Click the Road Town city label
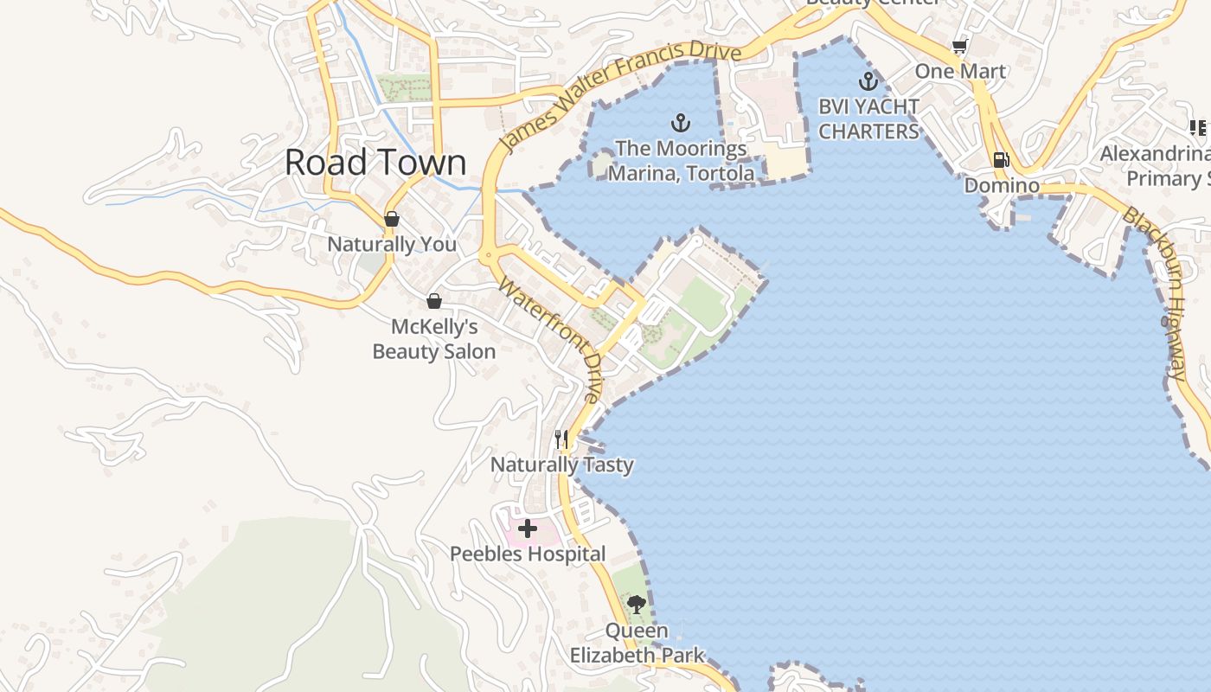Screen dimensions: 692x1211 (x=375, y=163)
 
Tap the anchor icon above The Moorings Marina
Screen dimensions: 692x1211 (x=681, y=123)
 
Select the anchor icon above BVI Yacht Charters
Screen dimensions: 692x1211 (x=868, y=82)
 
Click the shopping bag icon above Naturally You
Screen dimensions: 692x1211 (x=392, y=219)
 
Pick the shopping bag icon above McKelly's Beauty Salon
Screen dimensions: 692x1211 (x=433, y=301)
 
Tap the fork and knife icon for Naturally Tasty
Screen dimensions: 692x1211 (x=561, y=439)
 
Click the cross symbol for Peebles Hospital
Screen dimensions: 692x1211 (x=527, y=528)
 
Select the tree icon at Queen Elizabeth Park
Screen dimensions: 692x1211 (x=637, y=604)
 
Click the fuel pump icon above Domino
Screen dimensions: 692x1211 (x=1001, y=159)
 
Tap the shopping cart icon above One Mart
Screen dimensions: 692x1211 (x=959, y=46)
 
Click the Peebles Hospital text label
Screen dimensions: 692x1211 (x=528, y=554)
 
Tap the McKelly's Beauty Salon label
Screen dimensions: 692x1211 (x=434, y=339)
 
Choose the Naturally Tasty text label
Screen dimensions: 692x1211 (x=562, y=465)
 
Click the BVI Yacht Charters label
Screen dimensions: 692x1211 (x=868, y=119)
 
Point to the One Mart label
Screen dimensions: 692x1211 (x=960, y=71)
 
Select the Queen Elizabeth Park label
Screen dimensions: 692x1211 (x=637, y=643)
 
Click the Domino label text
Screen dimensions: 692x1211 (x=1002, y=185)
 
